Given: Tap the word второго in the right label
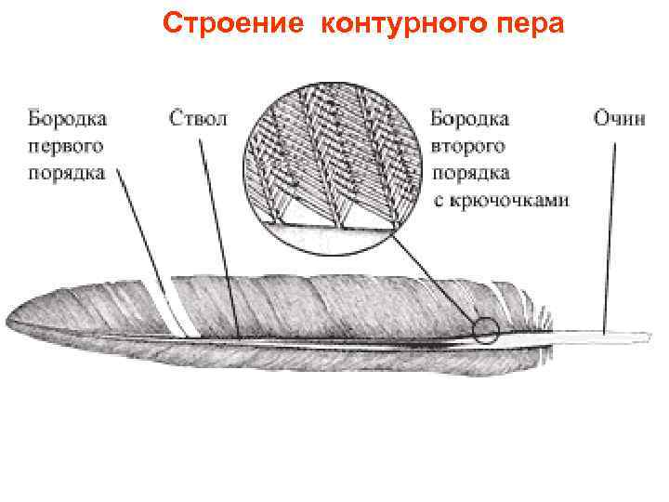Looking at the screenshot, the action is [x=468, y=147].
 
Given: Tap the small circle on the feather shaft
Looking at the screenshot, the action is [x=484, y=330].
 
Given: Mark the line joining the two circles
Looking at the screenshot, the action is [x=437, y=279].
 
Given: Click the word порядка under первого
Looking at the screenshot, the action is [x=67, y=173].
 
